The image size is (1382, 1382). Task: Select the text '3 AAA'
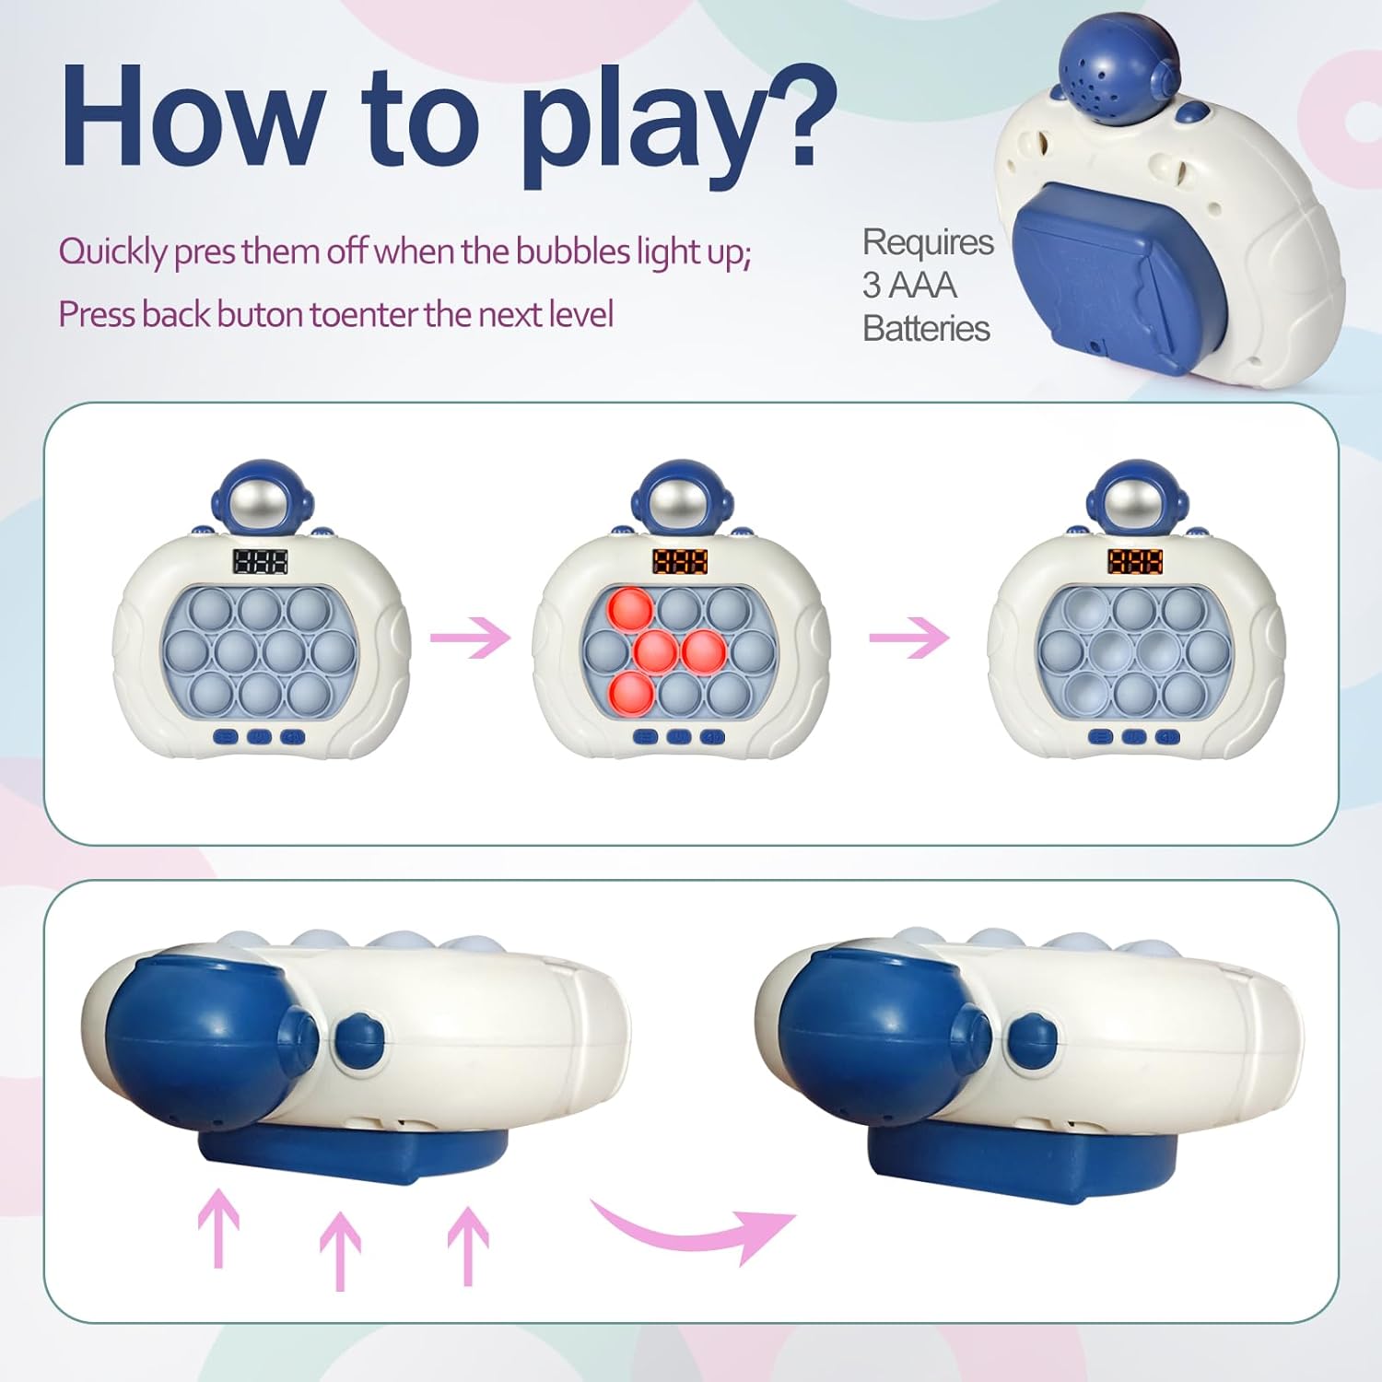point(908,286)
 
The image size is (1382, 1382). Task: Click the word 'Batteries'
point(926,329)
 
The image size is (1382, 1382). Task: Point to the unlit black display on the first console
point(260,561)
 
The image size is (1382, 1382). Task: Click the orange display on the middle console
point(680,561)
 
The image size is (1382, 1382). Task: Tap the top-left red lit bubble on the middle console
point(631,608)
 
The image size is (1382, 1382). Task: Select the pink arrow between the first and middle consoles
point(471,638)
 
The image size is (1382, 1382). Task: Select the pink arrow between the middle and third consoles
point(909,638)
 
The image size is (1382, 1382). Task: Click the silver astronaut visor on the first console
point(261,505)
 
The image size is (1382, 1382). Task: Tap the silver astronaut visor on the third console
point(1136,505)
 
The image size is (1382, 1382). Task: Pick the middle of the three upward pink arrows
point(340,1248)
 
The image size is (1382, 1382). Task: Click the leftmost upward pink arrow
point(218,1225)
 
